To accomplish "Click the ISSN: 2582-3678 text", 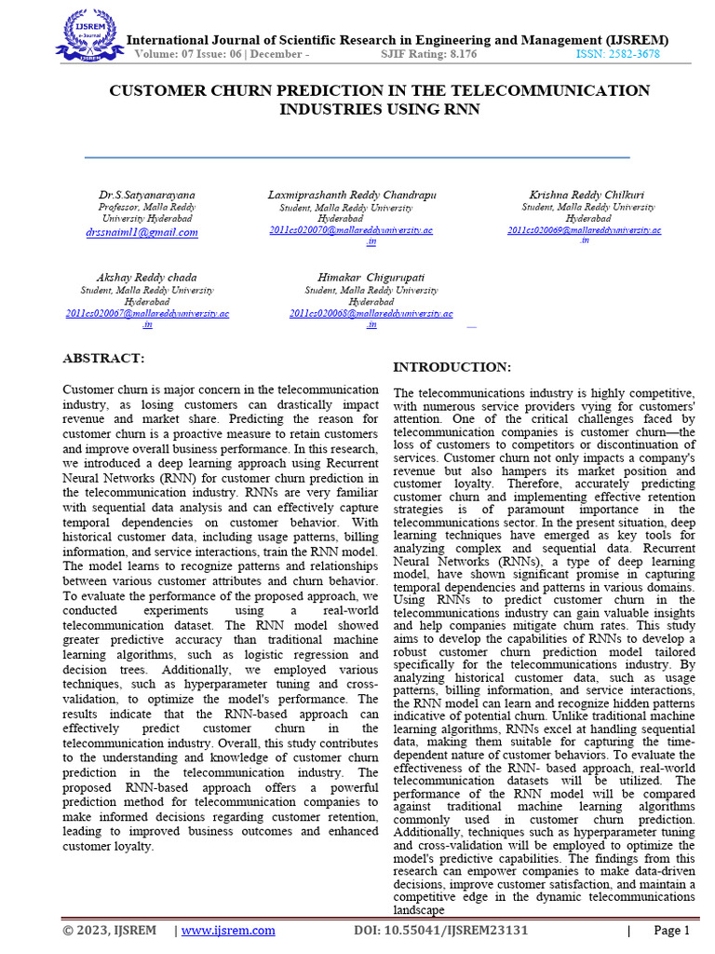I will tap(617, 55).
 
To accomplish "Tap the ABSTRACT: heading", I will tap(103, 358).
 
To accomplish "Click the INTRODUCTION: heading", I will tap(452, 367).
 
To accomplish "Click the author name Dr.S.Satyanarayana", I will tap(146, 195).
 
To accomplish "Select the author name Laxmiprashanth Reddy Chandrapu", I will tap(352, 195).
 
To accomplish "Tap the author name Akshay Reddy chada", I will tap(146, 278).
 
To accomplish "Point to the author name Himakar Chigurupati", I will tap(371, 278).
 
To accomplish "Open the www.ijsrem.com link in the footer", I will tap(228, 931).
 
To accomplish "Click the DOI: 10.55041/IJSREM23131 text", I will tap(441, 931).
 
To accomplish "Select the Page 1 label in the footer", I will tap(671, 931).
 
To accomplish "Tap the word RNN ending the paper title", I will tap(460, 109).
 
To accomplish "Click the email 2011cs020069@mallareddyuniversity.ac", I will tap(584, 229).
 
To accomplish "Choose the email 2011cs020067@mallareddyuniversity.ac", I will tap(147, 314).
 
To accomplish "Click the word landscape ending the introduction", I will tap(419, 910).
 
